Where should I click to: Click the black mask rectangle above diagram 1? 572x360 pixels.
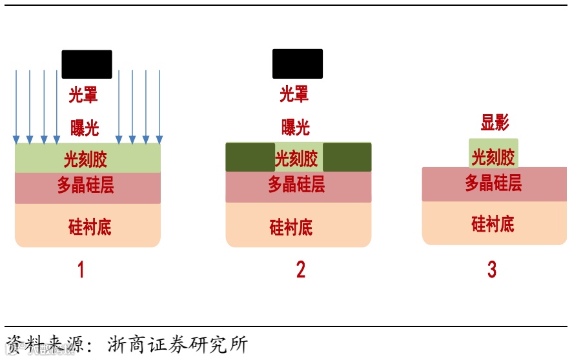tap(87, 65)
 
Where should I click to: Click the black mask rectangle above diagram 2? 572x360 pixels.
tap(298, 64)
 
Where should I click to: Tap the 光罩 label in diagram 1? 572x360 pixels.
tap(84, 95)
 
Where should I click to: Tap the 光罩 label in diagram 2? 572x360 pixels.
tap(294, 95)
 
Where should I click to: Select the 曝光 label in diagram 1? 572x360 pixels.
tap(85, 128)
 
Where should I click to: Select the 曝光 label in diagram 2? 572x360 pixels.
tap(296, 126)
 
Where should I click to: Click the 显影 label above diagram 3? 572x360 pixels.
tap(495, 123)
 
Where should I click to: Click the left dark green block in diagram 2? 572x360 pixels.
tap(250, 157)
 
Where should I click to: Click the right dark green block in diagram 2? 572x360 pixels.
tap(347, 157)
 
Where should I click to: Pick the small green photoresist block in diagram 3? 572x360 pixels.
tap(493, 154)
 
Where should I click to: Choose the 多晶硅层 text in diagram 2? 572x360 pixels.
tap(296, 185)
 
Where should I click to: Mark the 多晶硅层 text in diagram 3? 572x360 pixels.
tap(493, 183)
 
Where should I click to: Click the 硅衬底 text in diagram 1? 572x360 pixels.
tap(90, 226)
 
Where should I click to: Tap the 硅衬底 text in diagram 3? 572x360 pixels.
tap(493, 225)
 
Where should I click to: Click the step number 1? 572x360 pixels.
tap(81, 270)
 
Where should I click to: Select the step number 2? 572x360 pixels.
tap(301, 270)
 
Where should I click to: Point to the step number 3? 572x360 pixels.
tap(492, 270)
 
